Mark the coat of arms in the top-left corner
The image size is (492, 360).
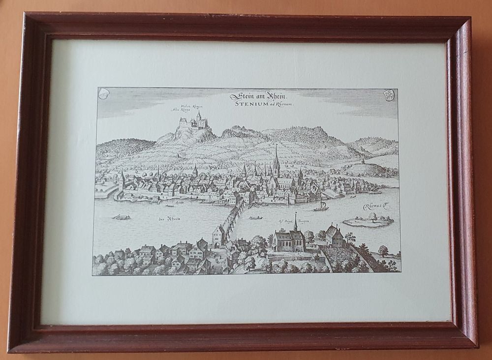coord(104,93)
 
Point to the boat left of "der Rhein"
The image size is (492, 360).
coord(121,216)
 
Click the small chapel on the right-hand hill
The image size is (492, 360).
coord(363,161)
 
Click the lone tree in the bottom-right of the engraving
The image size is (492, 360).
coord(383,252)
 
